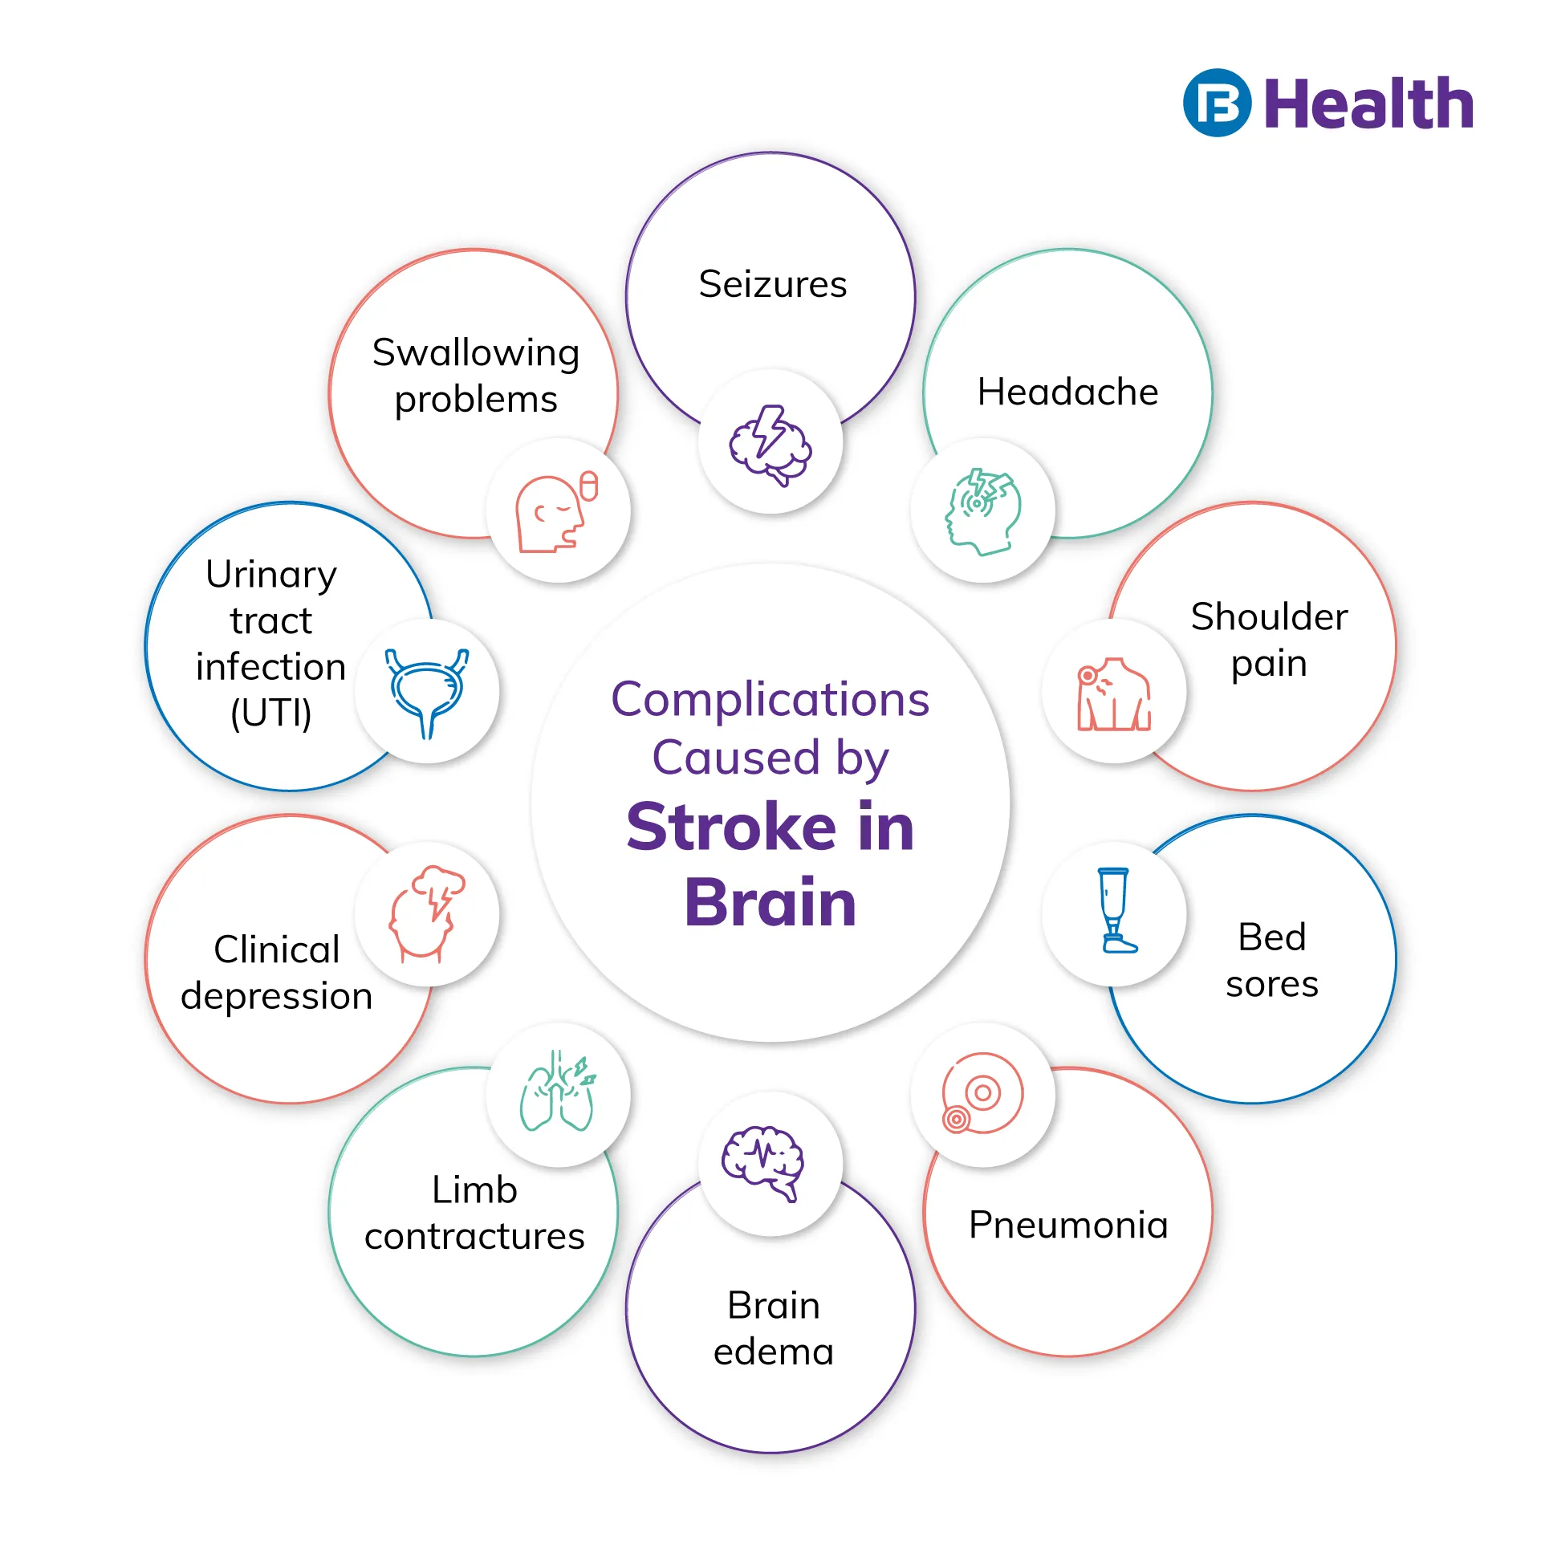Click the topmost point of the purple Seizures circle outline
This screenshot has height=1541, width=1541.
[x=770, y=152]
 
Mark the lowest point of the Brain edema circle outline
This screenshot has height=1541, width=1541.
[x=770, y=1453]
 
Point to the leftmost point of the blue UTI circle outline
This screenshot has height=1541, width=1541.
[x=146, y=647]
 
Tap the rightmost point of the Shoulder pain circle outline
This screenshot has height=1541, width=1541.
[x=1396, y=647]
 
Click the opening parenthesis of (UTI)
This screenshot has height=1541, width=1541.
[x=236, y=713]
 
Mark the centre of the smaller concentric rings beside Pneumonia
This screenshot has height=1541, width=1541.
[x=956, y=1119]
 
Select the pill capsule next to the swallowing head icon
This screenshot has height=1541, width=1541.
[x=589, y=486]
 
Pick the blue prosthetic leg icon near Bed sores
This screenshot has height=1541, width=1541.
[x=1116, y=910]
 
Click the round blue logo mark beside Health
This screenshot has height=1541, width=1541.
[x=1217, y=103]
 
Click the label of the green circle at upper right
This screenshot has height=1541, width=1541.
[x=1067, y=392]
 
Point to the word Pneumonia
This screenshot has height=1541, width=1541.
[x=1068, y=1225]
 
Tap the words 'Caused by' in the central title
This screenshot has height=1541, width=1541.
[x=770, y=758]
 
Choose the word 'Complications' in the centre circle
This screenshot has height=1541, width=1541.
[x=770, y=700]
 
